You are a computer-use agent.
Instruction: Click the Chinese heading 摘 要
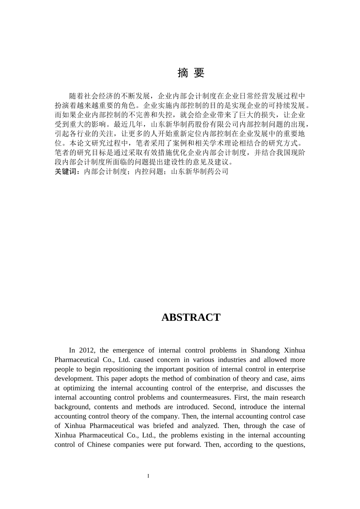191,73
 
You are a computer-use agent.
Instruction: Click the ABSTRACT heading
191,317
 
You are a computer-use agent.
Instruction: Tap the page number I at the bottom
148,476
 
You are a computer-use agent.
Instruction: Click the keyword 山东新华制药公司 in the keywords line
200,172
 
